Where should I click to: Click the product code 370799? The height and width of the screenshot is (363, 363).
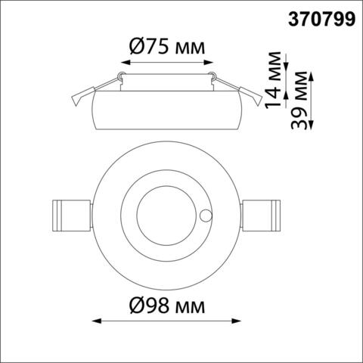(321, 20)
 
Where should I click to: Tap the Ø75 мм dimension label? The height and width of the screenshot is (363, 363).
(166, 47)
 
